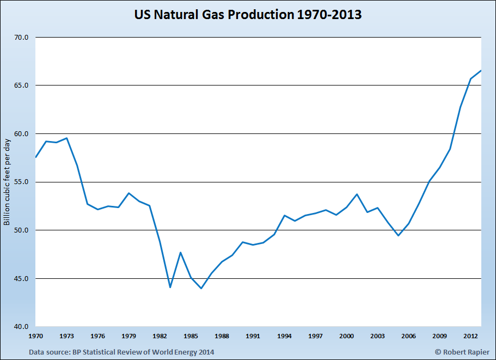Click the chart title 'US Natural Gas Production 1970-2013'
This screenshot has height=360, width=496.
(x=248, y=15)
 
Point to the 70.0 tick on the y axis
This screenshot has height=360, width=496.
(x=21, y=38)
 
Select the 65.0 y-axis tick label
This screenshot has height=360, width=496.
(x=21, y=86)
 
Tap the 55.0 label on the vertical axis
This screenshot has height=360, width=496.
(x=21, y=182)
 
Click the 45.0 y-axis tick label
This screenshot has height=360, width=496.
(x=21, y=278)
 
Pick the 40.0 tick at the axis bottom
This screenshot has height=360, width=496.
(x=21, y=327)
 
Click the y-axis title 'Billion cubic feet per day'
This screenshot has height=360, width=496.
(x=7, y=182)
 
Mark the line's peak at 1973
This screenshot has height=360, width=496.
(x=66, y=138)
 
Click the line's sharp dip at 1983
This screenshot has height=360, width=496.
(x=170, y=287)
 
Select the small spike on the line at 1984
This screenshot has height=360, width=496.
(x=181, y=252)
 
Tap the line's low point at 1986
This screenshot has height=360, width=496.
(x=201, y=288)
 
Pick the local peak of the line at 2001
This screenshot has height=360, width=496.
(x=357, y=194)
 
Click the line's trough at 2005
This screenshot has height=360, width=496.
(x=398, y=235)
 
